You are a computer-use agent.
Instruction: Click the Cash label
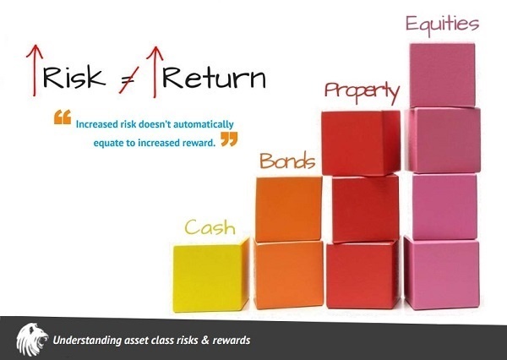click(210, 226)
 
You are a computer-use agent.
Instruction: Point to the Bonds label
click(287, 160)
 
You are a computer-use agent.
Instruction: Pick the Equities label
click(441, 23)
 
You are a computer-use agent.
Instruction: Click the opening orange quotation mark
click(62, 118)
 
